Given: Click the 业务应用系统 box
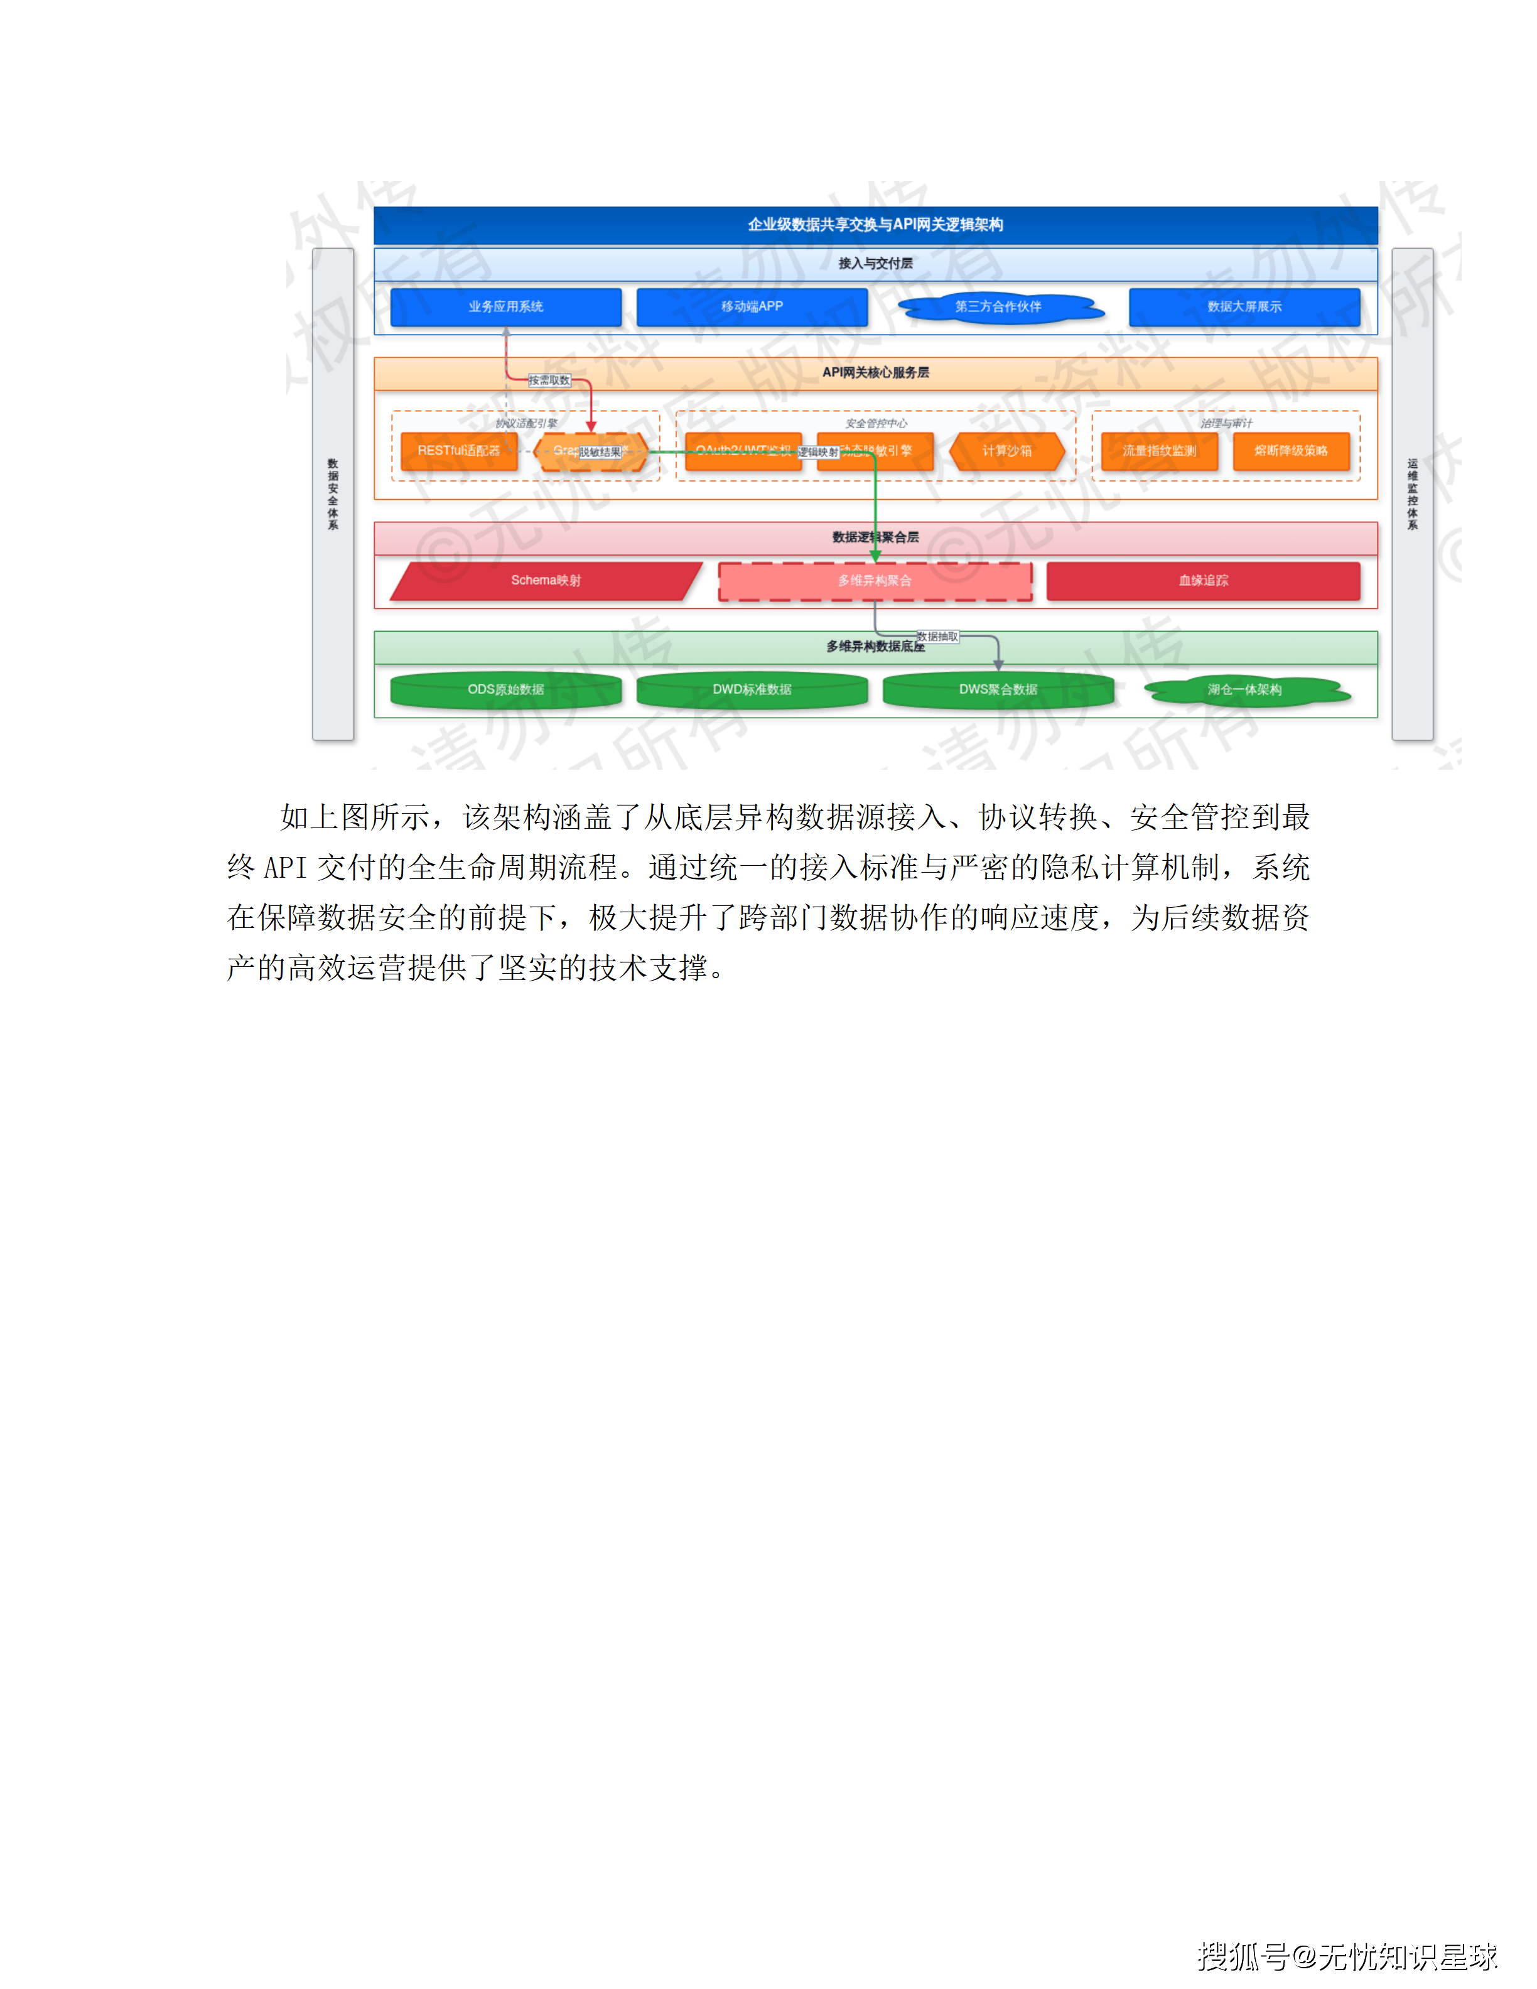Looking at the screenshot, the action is point(505,307).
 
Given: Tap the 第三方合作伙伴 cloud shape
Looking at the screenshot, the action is point(999,307).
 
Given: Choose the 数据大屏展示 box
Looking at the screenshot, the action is point(1244,307).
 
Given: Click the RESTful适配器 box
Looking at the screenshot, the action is point(459,451).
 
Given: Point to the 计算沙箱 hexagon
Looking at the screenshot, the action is point(1007,451).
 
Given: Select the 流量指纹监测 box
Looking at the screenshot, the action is point(1159,451).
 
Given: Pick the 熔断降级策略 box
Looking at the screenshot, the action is point(1291,451).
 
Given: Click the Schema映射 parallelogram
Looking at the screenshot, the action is point(546,581).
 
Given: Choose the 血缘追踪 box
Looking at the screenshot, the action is point(1203,581).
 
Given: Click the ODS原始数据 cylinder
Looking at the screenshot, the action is point(505,689).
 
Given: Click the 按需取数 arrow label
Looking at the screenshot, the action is point(549,380).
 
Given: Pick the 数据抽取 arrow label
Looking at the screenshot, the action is point(937,637).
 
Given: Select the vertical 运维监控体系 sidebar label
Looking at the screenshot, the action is point(1412,495).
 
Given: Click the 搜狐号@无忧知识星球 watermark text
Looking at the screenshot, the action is point(1347,1955).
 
